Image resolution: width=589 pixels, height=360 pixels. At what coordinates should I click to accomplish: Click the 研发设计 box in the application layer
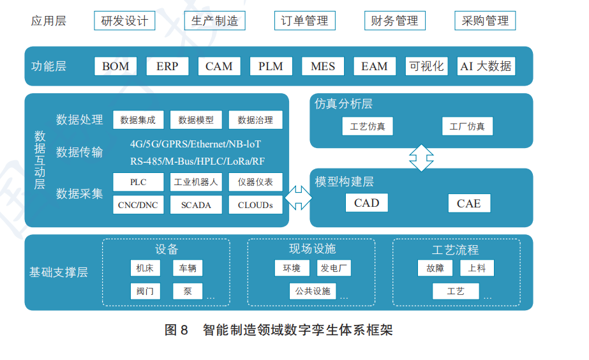pos(124,20)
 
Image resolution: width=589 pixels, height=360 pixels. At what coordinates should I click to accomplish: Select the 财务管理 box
pos(394,20)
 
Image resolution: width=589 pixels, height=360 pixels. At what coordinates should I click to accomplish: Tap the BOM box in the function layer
pos(116,66)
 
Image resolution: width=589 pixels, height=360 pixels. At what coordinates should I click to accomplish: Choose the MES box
pos(322,66)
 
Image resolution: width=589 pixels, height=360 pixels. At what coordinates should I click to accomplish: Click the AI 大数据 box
pos(486,66)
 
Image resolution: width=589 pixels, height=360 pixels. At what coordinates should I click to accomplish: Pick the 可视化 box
pos(426,66)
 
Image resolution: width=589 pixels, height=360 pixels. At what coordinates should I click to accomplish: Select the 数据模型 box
pos(196,119)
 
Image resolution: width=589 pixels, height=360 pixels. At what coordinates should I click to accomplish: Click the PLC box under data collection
pos(138,182)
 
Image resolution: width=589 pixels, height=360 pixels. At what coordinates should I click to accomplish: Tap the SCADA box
pos(196,205)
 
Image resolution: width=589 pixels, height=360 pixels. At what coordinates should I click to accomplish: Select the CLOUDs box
pos(255,205)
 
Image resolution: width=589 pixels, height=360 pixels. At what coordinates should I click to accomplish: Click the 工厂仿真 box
pos(467,126)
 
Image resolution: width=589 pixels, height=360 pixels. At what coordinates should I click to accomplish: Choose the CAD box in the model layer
pos(366,203)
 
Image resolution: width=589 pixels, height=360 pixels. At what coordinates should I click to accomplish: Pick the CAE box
pos(468,204)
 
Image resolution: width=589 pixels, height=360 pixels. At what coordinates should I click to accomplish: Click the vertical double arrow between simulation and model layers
pos(421,158)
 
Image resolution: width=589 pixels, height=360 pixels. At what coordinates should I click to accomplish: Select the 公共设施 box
pos(313,291)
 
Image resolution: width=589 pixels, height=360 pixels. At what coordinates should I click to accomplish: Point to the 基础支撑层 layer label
pos(59,273)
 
